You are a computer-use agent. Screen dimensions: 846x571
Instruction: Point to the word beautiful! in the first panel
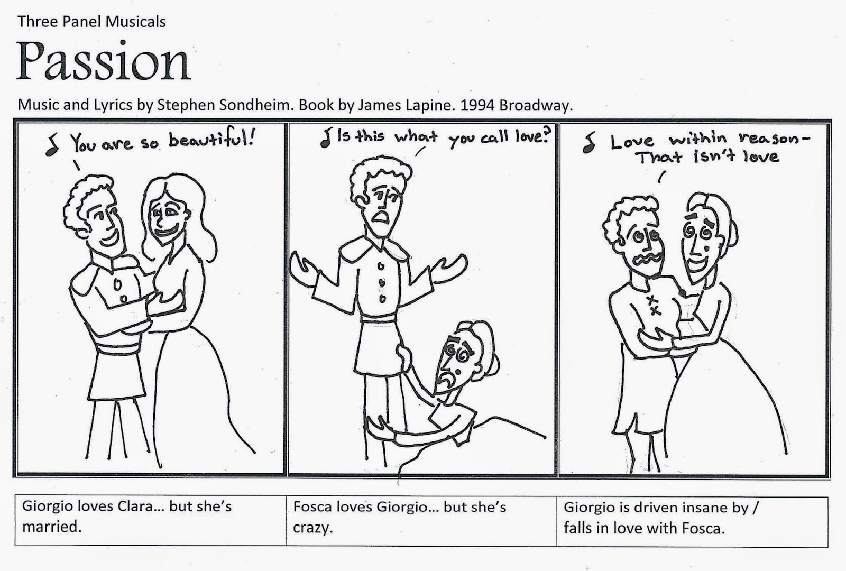[x=212, y=140]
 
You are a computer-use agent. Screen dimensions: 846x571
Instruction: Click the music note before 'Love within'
[x=588, y=142]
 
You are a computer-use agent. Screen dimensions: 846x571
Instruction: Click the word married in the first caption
[x=52, y=527]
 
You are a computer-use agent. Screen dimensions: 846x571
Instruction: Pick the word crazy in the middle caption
[x=312, y=528]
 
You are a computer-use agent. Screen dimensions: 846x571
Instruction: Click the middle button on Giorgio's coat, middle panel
[x=382, y=282]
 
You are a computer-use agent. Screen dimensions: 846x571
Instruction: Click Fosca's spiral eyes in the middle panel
[x=457, y=353]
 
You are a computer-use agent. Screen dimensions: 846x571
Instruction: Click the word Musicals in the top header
[x=135, y=22]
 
